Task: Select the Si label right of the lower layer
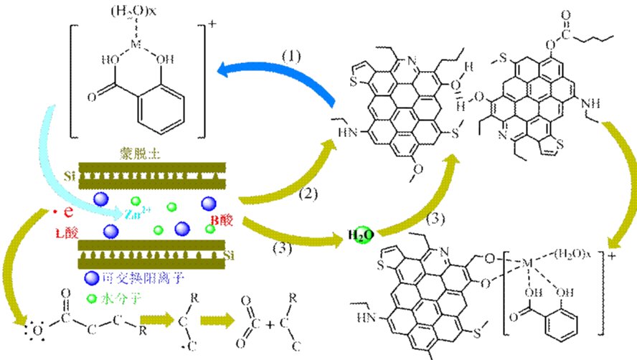[x=230, y=256]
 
